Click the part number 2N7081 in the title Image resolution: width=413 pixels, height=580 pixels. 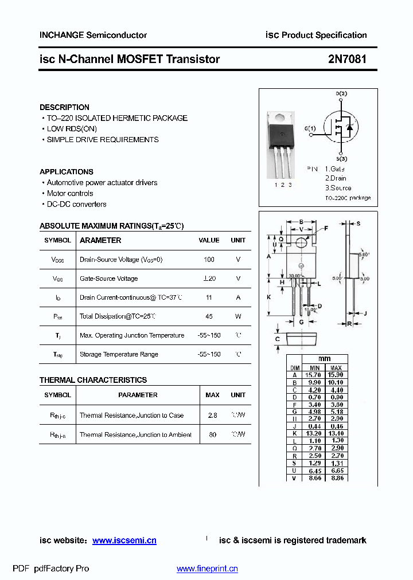347,59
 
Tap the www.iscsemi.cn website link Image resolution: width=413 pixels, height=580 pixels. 124,540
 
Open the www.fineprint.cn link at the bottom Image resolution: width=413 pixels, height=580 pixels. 207,569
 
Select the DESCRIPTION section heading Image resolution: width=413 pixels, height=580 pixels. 64,107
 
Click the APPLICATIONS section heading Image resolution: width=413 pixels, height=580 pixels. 67,171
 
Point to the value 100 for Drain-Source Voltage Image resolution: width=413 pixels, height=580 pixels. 209,260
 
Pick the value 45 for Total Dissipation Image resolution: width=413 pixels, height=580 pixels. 209,316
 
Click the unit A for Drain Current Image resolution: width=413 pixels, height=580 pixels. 238,297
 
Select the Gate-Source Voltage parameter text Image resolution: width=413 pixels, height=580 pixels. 108,279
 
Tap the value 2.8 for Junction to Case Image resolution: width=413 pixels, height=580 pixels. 212,416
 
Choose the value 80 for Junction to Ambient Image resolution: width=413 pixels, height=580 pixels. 212,435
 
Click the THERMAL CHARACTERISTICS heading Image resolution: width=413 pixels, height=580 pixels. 93,380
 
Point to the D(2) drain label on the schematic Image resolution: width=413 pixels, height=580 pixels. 341,93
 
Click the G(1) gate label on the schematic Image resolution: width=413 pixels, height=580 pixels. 310,128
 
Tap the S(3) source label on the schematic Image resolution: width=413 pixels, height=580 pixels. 341,159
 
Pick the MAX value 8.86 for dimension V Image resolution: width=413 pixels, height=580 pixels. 336,478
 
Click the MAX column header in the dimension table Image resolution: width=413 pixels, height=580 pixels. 336,367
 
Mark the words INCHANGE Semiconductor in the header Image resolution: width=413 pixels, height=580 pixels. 93,35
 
